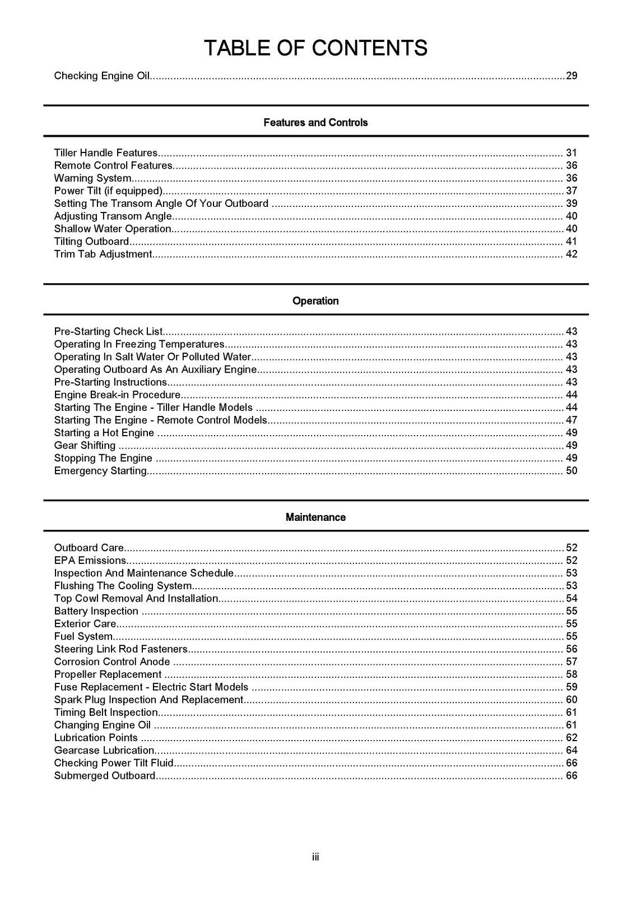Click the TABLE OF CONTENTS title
click(315, 48)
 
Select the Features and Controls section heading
click(315, 122)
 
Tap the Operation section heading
click(315, 301)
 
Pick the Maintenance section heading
click(315, 517)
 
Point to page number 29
click(571, 76)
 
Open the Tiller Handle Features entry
click(106, 153)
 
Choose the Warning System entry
click(92, 178)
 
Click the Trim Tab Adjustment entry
click(103, 255)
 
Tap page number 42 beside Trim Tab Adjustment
click(571, 255)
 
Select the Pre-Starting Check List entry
click(108, 331)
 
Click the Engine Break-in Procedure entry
click(117, 395)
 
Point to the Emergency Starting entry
click(101, 471)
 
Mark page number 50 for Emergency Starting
click(571, 471)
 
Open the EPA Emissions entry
click(90, 561)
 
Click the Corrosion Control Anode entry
click(112, 662)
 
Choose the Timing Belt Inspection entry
click(106, 713)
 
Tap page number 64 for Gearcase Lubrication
click(571, 751)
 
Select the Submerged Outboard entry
click(105, 776)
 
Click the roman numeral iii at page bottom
click(315, 857)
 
